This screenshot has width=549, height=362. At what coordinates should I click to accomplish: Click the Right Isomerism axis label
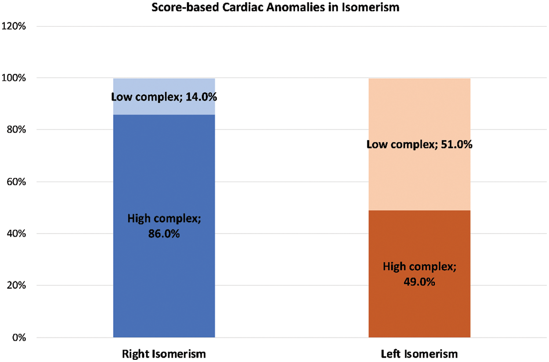click(x=164, y=354)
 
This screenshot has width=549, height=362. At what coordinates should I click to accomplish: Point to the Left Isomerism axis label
click(x=419, y=354)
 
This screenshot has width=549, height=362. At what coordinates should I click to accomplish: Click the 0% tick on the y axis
click(x=20, y=338)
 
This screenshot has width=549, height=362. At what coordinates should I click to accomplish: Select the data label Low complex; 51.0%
click(x=419, y=144)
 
